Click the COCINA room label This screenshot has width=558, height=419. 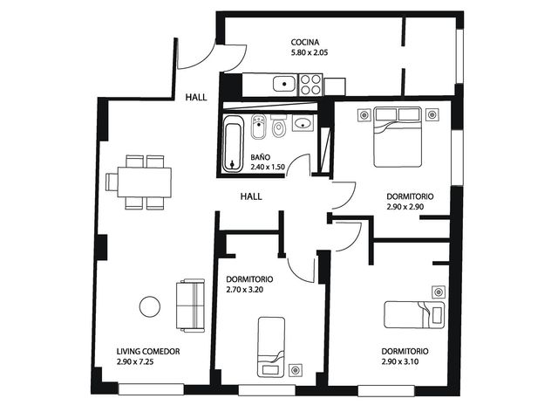click(305, 42)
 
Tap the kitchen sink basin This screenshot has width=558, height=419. click(284, 84)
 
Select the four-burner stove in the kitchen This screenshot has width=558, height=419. click(310, 85)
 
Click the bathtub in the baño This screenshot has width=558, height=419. click(233, 144)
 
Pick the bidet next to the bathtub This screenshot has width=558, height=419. click(259, 127)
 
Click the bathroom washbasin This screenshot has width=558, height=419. click(303, 123)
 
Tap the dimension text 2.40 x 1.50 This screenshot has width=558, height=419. click(268, 167)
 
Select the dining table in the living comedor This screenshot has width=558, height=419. click(145, 182)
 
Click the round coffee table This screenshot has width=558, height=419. click(150, 306)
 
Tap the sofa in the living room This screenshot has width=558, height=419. click(190, 306)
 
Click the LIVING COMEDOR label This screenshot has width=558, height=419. click(148, 351)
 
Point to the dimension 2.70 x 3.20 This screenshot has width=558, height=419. click(244, 290)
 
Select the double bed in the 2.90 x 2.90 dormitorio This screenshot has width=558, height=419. click(398, 137)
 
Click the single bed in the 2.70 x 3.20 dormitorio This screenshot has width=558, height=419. click(271, 347)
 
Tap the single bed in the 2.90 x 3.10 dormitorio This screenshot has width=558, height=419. click(415, 314)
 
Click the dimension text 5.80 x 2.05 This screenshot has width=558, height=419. click(310, 52)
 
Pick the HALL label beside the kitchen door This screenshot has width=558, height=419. click(195, 97)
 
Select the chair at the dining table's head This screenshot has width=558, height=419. click(112, 182)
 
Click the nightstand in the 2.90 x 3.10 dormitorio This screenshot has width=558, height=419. click(439, 292)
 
